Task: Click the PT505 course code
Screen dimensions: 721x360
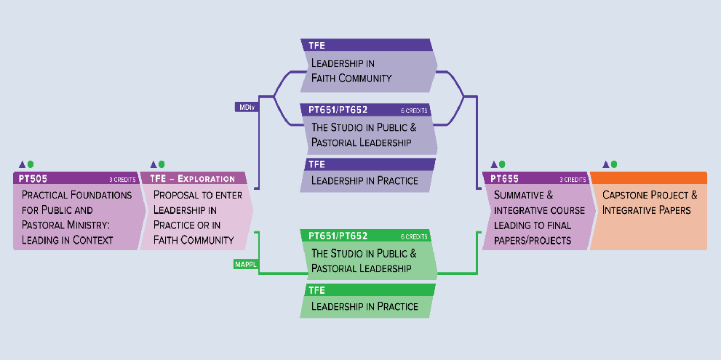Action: click(x=33, y=178)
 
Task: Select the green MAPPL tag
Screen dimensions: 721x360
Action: click(x=245, y=265)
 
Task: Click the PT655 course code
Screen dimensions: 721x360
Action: click(x=504, y=178)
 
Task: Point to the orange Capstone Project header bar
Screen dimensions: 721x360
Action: click(x=648, y=178)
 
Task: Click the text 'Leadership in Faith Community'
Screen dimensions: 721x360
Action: click(x=351, y=71)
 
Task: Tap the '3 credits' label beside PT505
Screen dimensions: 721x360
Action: click(x=122, y=180)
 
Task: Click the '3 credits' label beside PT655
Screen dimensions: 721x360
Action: click(x=573, y=180)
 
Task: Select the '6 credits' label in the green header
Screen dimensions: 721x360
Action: click(x=414, y=237)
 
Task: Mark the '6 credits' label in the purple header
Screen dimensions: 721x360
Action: click(x=414, y=111)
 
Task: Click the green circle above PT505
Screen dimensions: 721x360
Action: click(x=31, y=164)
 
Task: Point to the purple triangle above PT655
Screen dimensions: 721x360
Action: click(x=494, y=164)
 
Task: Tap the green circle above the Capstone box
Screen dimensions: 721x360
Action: click(x=614, y=164)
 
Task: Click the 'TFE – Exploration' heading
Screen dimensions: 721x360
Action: click(x=192, y=178)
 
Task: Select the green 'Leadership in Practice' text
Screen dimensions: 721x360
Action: click(x=365, y=306)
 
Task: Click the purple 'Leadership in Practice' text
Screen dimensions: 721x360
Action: click(x=365, y=180)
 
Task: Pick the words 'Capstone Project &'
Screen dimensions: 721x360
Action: click(x=650, y=195)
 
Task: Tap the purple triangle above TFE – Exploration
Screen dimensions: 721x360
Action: click(x=154, y=164)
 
